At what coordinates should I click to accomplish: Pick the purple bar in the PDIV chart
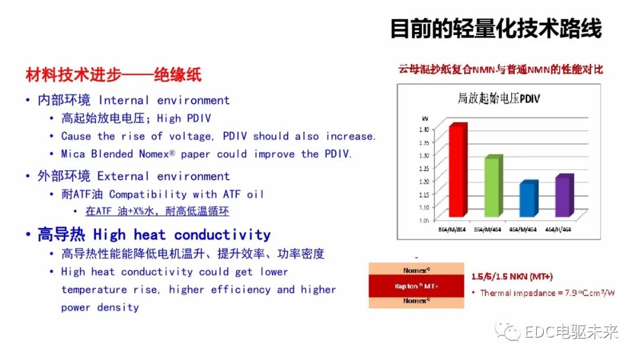click(564, 197)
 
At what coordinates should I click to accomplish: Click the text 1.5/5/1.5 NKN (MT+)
click(512, 277)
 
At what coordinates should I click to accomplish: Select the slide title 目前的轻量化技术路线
click(496, 28)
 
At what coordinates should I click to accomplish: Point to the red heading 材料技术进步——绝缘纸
click(114, 75)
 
